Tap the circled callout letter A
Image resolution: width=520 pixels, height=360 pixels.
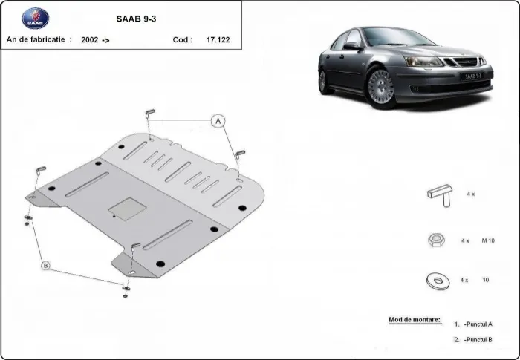click(218, 121)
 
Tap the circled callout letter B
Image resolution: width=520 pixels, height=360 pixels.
click(45, 265)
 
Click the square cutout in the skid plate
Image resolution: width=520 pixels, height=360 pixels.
click(121, 209)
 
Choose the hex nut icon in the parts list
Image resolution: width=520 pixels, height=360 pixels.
click(436, 240)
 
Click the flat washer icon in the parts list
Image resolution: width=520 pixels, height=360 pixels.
click(436, 280)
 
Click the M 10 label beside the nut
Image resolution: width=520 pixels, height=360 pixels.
click(489, 241)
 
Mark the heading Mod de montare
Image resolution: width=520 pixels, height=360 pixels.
click(414, 320)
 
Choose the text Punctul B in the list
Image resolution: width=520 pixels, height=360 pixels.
click(479, 339)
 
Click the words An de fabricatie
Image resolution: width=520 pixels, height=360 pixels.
click(39, 40)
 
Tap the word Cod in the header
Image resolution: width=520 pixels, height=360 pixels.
click(182, 40)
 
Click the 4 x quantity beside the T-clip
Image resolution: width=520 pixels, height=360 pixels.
click(469, 194)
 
